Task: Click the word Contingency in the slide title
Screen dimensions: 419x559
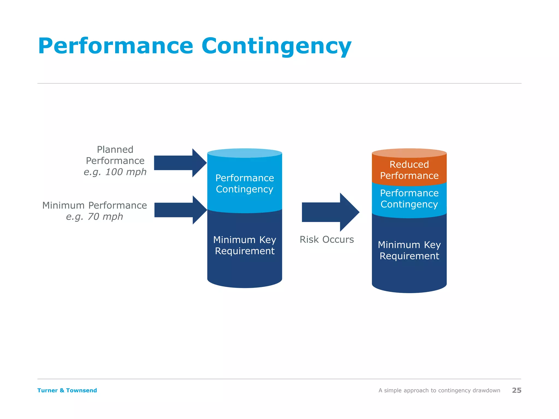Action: coord(276,46)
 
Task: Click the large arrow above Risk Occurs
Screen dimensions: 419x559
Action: coord(330,212)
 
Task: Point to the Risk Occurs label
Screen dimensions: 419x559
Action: coord(327,240)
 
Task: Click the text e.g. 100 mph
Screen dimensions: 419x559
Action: coord(115,172)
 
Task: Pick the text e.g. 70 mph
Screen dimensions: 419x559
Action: coord(94,217)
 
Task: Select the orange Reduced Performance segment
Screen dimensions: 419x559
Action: coord(409,170)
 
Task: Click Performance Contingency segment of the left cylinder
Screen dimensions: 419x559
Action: coord(245,183)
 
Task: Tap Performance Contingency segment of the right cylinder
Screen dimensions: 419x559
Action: coord(409,199)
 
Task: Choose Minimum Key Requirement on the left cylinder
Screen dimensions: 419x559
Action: coord(245,245)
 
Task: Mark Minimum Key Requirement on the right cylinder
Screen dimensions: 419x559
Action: coord(409,250)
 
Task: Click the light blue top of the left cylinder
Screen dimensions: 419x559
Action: coord(245,153)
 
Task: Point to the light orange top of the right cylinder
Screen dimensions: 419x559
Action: coord(409,153)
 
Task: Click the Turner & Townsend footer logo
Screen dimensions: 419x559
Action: coord(67,390)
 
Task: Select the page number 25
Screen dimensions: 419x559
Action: coord(516,390)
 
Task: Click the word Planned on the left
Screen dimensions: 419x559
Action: coord(115,149)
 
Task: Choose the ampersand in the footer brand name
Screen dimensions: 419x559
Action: coord(62,390)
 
